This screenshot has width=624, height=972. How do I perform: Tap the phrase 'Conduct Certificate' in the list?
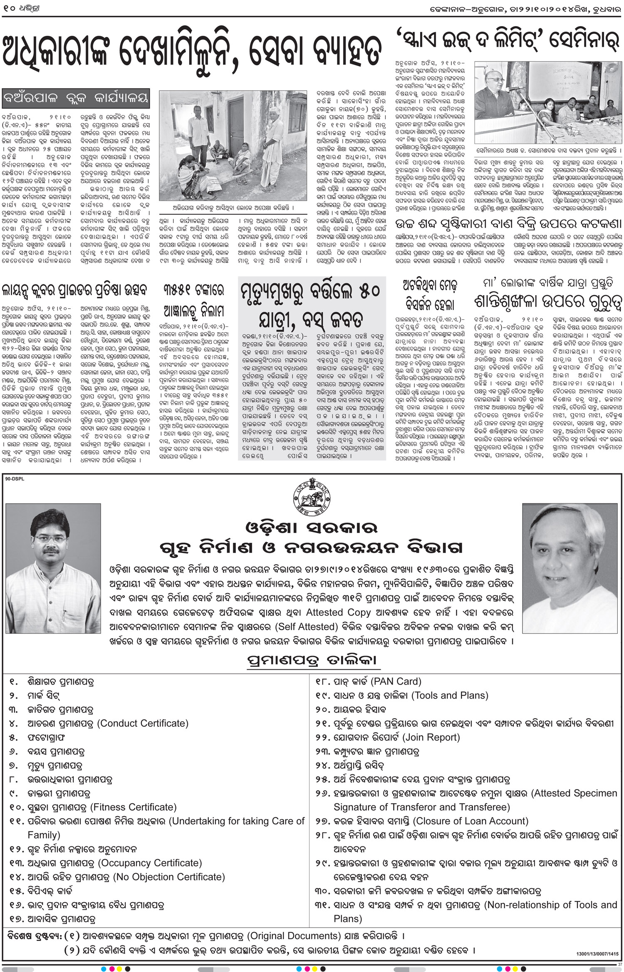(143, 723)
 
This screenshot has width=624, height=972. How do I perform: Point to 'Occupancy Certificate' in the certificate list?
(150, 863)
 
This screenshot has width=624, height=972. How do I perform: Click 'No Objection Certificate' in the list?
(169, 877)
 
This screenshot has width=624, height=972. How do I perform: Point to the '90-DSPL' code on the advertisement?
(15, 479)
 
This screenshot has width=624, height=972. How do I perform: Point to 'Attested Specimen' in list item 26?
(575, 793)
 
